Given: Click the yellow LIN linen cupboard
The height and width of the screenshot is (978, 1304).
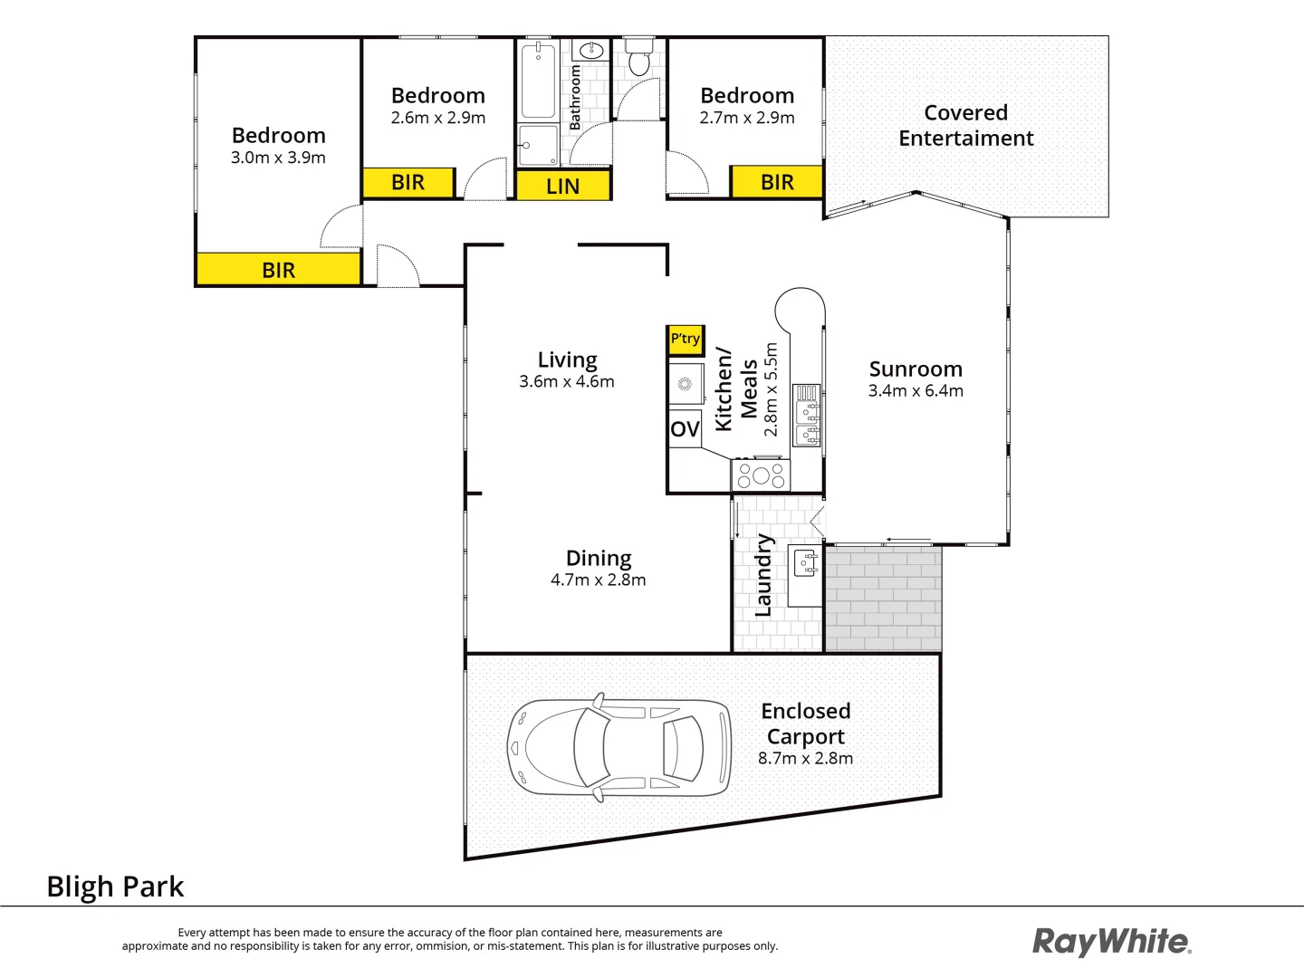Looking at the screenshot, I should click(562, 186).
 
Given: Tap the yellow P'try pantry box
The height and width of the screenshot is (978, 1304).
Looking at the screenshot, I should click(686, 340).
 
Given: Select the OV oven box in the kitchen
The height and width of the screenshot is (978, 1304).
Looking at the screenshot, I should click(685, 428).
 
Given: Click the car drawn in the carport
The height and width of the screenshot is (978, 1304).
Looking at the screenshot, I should click(619, 747).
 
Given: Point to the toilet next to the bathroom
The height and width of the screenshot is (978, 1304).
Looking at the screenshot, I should click(639, 58).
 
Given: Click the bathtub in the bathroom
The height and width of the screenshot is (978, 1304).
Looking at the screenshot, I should click(538, 81).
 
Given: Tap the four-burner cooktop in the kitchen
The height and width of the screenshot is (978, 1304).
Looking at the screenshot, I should click(761, 475).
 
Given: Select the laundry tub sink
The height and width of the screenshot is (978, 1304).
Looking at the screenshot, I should click(805, 563).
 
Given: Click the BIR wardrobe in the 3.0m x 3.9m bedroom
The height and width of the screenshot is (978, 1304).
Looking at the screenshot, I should click(278, 270).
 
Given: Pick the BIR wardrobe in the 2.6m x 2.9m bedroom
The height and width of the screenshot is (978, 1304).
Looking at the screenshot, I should click(407, 182).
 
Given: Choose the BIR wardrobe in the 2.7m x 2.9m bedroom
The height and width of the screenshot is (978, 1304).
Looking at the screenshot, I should click(777, 182).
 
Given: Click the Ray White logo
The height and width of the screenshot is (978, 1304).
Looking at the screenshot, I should click(1112, 942).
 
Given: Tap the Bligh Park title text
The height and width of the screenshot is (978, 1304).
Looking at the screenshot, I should click(115, 887).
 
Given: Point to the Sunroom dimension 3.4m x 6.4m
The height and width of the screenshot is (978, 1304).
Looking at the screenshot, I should click(916, 391).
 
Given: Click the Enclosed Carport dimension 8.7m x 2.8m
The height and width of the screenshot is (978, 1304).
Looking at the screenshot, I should click(805, 759).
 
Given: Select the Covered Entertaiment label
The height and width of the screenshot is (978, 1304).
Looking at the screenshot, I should click(965, 126).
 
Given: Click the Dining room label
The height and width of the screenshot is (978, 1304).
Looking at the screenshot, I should click(599, 558).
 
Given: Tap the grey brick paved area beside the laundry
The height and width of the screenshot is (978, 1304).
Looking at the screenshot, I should click(883, 598).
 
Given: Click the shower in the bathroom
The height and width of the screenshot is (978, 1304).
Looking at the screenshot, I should click(538, 146).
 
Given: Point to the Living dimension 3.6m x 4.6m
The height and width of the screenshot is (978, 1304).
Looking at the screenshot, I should click(567, 382).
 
